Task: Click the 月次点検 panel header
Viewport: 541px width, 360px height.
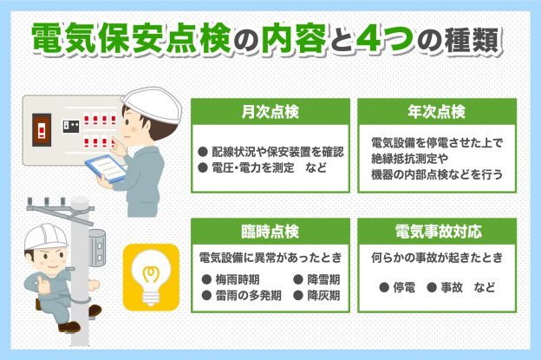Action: coord(270,112)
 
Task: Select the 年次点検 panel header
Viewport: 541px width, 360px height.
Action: coord(437,112)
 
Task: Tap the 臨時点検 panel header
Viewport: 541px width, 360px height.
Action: coord(270,232)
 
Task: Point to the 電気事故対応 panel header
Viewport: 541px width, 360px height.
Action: coord(437,232)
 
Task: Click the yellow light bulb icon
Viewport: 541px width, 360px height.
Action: coord(151,278)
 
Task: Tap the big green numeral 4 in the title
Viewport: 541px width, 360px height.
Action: coord(372,38)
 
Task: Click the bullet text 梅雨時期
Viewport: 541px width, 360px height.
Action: coord(238,279)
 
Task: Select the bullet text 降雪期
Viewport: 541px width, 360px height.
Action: coord(323,279)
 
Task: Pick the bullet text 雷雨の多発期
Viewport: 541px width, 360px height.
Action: coord(248,296)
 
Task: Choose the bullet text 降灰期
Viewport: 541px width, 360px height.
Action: coord(323,296)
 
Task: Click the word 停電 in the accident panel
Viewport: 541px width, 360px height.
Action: coord(404,287)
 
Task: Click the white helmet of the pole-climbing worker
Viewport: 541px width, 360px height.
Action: coord(46,237)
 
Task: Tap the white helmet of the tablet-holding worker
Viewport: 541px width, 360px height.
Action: coord(153,104)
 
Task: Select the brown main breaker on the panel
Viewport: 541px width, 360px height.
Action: coord(42,130)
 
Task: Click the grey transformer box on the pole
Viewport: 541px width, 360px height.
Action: coord(97,248)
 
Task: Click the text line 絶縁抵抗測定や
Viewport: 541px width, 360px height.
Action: coord(409,159)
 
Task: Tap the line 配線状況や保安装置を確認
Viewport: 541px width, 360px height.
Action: coord(277,152)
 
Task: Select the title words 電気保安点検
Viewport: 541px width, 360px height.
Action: coord(132,39)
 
